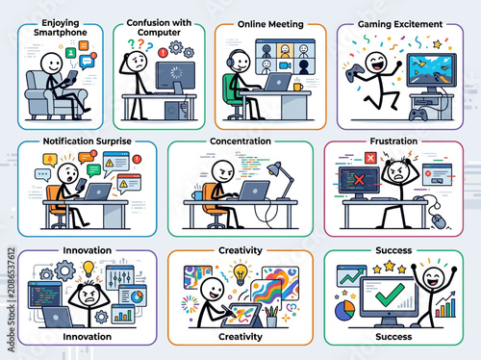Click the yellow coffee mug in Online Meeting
tap(298, 87)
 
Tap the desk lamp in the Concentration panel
tap(281, 181)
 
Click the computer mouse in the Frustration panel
tap(438, 221)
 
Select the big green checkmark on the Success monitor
tap(390, 295)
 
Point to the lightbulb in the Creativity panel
tap(240, 273)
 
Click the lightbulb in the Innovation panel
tap(89, 269)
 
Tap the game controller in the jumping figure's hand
tap(353, 72)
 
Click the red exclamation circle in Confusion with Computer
tap(163, 52)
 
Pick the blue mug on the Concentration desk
tap(197, 195)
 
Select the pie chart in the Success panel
tap(345, 310)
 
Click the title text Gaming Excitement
tap(400, 24)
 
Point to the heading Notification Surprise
tap(88, 141)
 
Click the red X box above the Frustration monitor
tap(370, 158)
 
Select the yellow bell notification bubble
tap(50, 160)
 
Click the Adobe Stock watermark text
tap(12, 299)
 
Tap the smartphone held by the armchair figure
tap(72, 76)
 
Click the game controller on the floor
tap(418, 115)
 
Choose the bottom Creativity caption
tap(240, 337)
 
